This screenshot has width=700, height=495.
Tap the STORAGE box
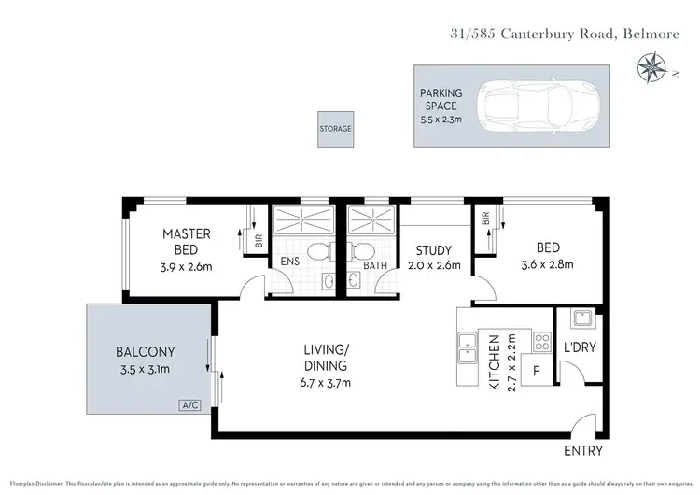pyautogui.click(x=335, y=129)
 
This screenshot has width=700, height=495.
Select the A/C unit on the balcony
pyautogui.click(x=190, y=405)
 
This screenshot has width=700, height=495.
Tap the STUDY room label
pyautogui.click(x=434, y=250)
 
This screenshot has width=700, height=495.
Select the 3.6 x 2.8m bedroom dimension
pyautogui.click(x=547, y=264)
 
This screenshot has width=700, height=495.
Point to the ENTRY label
pyautogui.click(x=584, y=451)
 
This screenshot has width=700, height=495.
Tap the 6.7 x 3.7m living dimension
pyautogui.click(x=325, y=382)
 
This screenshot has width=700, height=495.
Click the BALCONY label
pyautogui.click(x=147, y=352)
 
